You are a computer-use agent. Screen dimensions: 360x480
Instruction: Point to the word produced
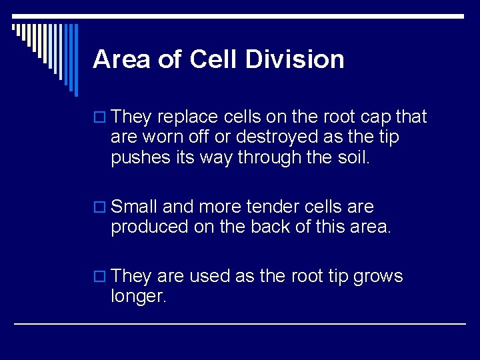point(149,227)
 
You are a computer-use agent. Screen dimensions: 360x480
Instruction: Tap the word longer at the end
point(138,296)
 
